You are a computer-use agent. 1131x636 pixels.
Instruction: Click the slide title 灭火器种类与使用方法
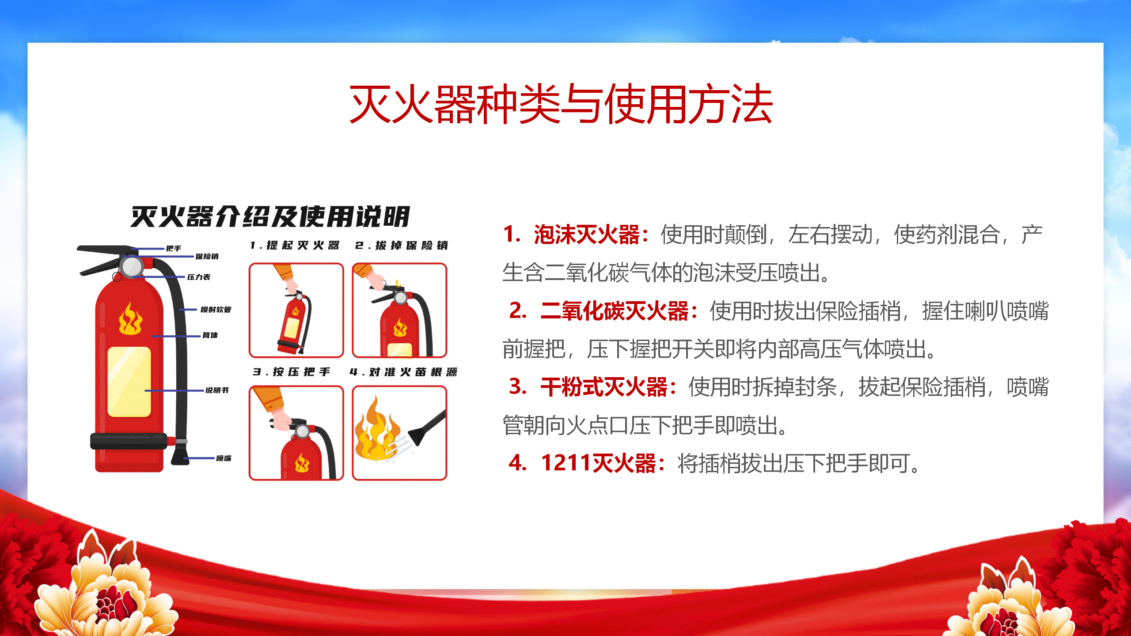(x=561, y=104)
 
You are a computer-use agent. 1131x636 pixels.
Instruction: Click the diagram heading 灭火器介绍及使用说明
(x=270, y=217)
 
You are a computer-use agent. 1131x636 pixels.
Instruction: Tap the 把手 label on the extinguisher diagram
(x=174, y=249)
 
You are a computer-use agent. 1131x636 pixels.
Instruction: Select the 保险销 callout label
(x=207, y=257)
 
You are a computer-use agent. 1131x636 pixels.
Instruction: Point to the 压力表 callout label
(x=199, y=277)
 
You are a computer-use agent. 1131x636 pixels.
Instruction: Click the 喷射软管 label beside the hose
(x=216, y=310)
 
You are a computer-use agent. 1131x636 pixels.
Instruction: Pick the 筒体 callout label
(x=210, y=335)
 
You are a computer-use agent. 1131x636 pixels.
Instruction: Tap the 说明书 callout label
(x=217, y=390)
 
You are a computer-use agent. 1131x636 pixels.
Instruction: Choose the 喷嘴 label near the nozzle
(x=224, y=458)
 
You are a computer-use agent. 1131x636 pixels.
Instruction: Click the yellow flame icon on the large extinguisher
(x=130, y=319)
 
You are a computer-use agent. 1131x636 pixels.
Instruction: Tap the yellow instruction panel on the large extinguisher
(x=129, y=382)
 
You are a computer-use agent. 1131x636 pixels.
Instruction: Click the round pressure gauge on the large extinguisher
(x=132, y=266)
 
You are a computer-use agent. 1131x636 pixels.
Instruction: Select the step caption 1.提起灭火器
(x=295, y=246)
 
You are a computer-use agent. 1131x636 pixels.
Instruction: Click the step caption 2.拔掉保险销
(x=402, y=246)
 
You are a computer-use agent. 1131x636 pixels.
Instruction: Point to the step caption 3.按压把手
(x=292, y=372)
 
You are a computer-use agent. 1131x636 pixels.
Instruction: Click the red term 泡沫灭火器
(x=587, y=235)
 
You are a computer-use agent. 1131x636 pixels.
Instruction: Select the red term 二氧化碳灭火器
(x=615, y=311)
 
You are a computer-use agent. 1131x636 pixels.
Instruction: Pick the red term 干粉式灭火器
(x=604, y=387)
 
